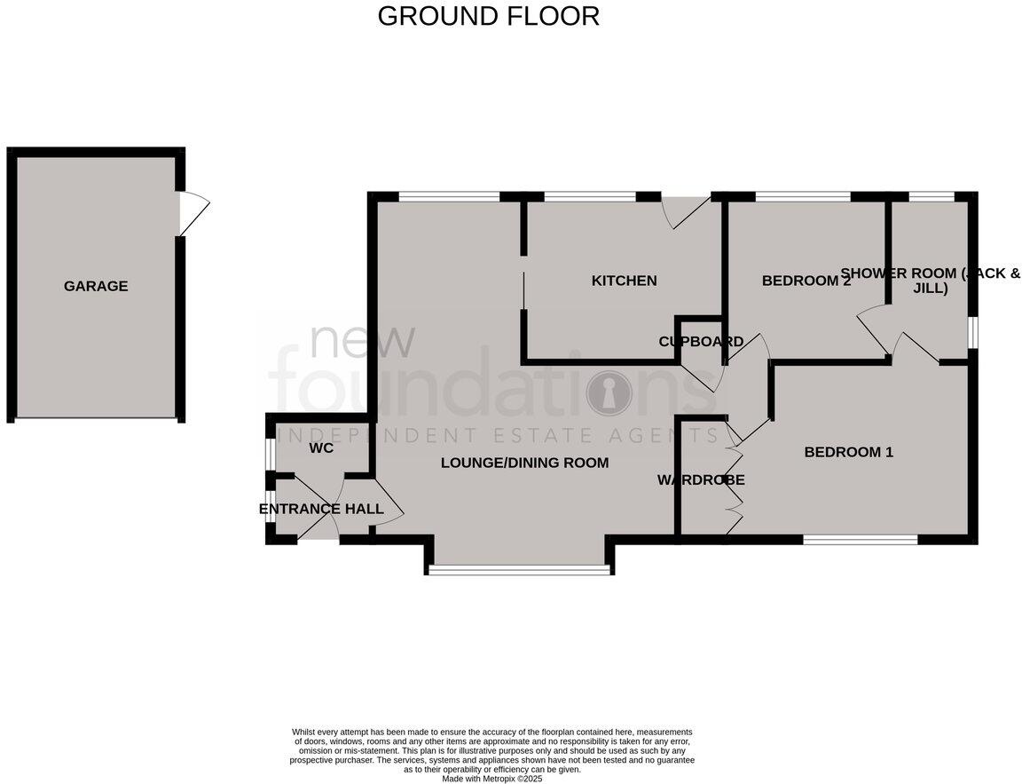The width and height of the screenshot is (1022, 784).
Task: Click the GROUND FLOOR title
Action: click(488, 16)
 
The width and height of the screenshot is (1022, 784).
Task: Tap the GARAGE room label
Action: click(96, 286)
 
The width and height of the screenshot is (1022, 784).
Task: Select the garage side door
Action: click(193, 213)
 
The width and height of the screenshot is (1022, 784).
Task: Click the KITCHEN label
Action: click(624, 281)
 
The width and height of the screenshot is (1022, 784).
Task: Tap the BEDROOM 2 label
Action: click(806, 281)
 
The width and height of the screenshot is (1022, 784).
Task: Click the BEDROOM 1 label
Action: click(848, 452)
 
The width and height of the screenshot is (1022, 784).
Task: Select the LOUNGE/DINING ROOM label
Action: click(524, 463)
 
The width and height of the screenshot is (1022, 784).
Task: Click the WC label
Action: click(321, 448)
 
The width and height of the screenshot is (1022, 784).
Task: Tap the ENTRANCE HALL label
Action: click(321, 509)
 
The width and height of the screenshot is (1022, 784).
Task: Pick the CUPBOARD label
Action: click(701, 342)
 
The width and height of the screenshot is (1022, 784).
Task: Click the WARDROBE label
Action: click(701, 480)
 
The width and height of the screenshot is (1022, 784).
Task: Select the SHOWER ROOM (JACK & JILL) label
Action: click(930, 281)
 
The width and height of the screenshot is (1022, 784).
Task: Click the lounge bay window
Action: click(519, 570)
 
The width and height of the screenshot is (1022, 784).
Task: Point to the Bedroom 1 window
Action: click(861, 539)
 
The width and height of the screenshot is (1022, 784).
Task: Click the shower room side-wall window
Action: click(972, 333)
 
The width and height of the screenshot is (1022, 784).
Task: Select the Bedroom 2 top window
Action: click(803, 196)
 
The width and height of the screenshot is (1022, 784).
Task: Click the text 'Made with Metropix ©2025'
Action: click(491, 779)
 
